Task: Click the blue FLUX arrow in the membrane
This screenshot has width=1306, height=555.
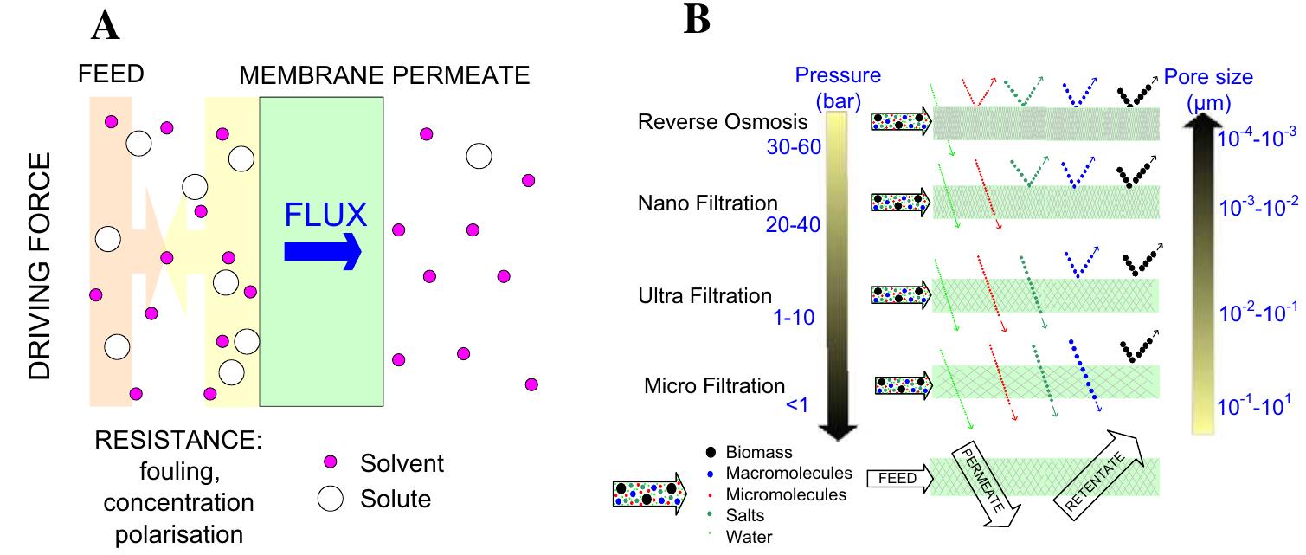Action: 322,251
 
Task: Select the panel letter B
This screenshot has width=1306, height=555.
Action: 697,19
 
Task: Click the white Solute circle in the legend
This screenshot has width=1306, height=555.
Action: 331,500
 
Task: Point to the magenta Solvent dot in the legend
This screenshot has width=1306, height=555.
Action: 331,463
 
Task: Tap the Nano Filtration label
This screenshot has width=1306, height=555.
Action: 708,203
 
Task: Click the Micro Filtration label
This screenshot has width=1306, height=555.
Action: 714,385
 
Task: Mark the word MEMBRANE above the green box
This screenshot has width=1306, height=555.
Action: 312,75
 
